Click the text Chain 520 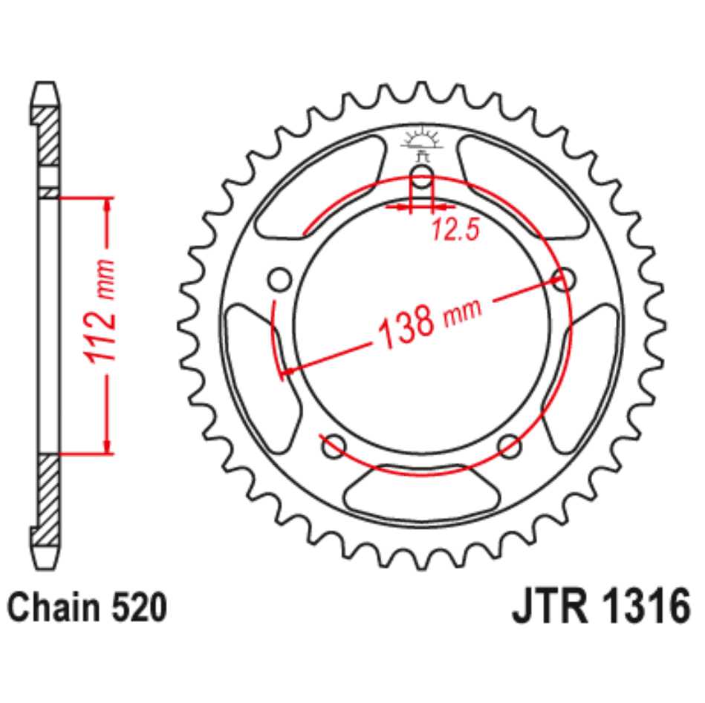[x=87, y=608]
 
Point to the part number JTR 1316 [x=601, y=607]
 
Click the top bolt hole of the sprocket [x=422, y=177]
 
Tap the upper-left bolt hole [x=279, y=279]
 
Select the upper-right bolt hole [x=564, y=279]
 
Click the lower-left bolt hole [x=334, y=446]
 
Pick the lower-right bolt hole [x=510, y=446]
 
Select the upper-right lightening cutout [x=523, y=188]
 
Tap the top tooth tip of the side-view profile [x=45, y=83]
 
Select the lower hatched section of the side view [x=48, y=499]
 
